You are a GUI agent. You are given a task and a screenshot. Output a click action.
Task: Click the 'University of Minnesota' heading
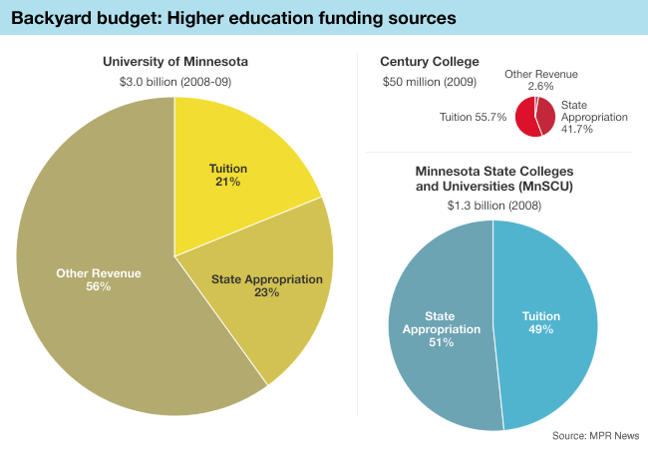(175, 62)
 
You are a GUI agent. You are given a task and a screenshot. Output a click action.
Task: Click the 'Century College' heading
(430, 62)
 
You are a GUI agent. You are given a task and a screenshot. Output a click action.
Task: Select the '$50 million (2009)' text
(430, 81)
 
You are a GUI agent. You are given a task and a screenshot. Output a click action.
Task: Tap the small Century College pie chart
(535, 116)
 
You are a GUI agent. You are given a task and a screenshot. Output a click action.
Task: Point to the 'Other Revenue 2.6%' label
(540, 81)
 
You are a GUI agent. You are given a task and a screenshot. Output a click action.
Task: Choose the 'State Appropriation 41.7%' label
(594, 117)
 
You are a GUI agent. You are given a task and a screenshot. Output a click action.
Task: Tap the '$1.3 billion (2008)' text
(493, 205)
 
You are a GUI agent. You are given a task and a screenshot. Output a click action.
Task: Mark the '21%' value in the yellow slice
(227, 183)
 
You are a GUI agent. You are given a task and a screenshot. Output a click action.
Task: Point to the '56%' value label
(98, 287)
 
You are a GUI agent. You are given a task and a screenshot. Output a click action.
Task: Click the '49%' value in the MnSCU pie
(541, 330)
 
